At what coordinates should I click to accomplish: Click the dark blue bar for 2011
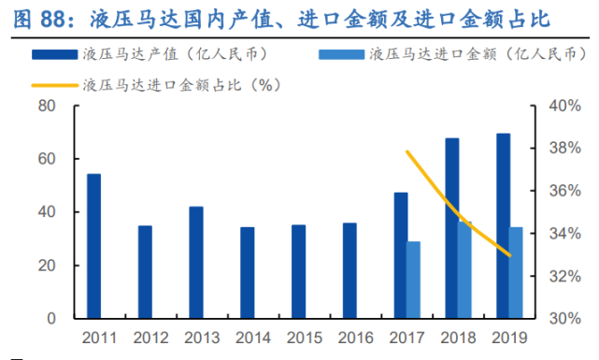(93, 246)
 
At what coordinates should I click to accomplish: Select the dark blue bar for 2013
(196, 263)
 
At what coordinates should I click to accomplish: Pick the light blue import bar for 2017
(414, 280)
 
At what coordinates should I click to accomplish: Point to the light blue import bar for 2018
(464, 269)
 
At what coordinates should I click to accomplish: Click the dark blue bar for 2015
(298, 271)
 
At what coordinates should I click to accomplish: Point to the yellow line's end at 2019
(509, 254)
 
